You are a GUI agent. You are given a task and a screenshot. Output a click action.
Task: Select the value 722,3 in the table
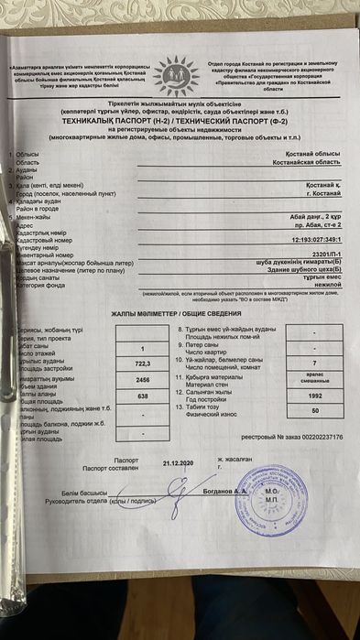coord(143,363)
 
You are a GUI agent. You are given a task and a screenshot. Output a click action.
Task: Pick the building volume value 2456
coord(143,379)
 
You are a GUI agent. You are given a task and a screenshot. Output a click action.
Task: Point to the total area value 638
coord(143,396)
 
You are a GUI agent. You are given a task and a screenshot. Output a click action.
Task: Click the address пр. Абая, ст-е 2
coord(316,223)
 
